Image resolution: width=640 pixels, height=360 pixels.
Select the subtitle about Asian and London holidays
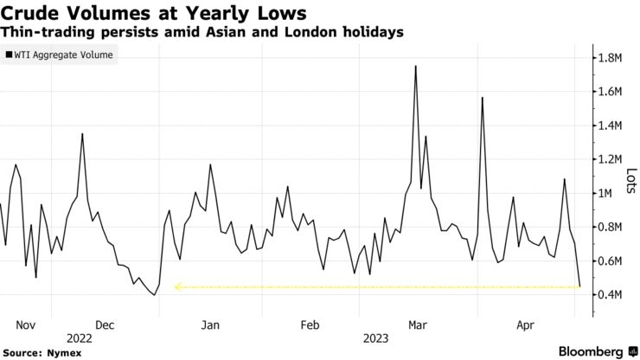202,32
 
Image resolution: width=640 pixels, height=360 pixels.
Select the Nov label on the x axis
25,327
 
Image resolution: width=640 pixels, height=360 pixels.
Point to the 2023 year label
374,338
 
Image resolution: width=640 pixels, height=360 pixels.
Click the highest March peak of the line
416,66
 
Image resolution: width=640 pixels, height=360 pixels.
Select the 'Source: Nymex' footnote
38,352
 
